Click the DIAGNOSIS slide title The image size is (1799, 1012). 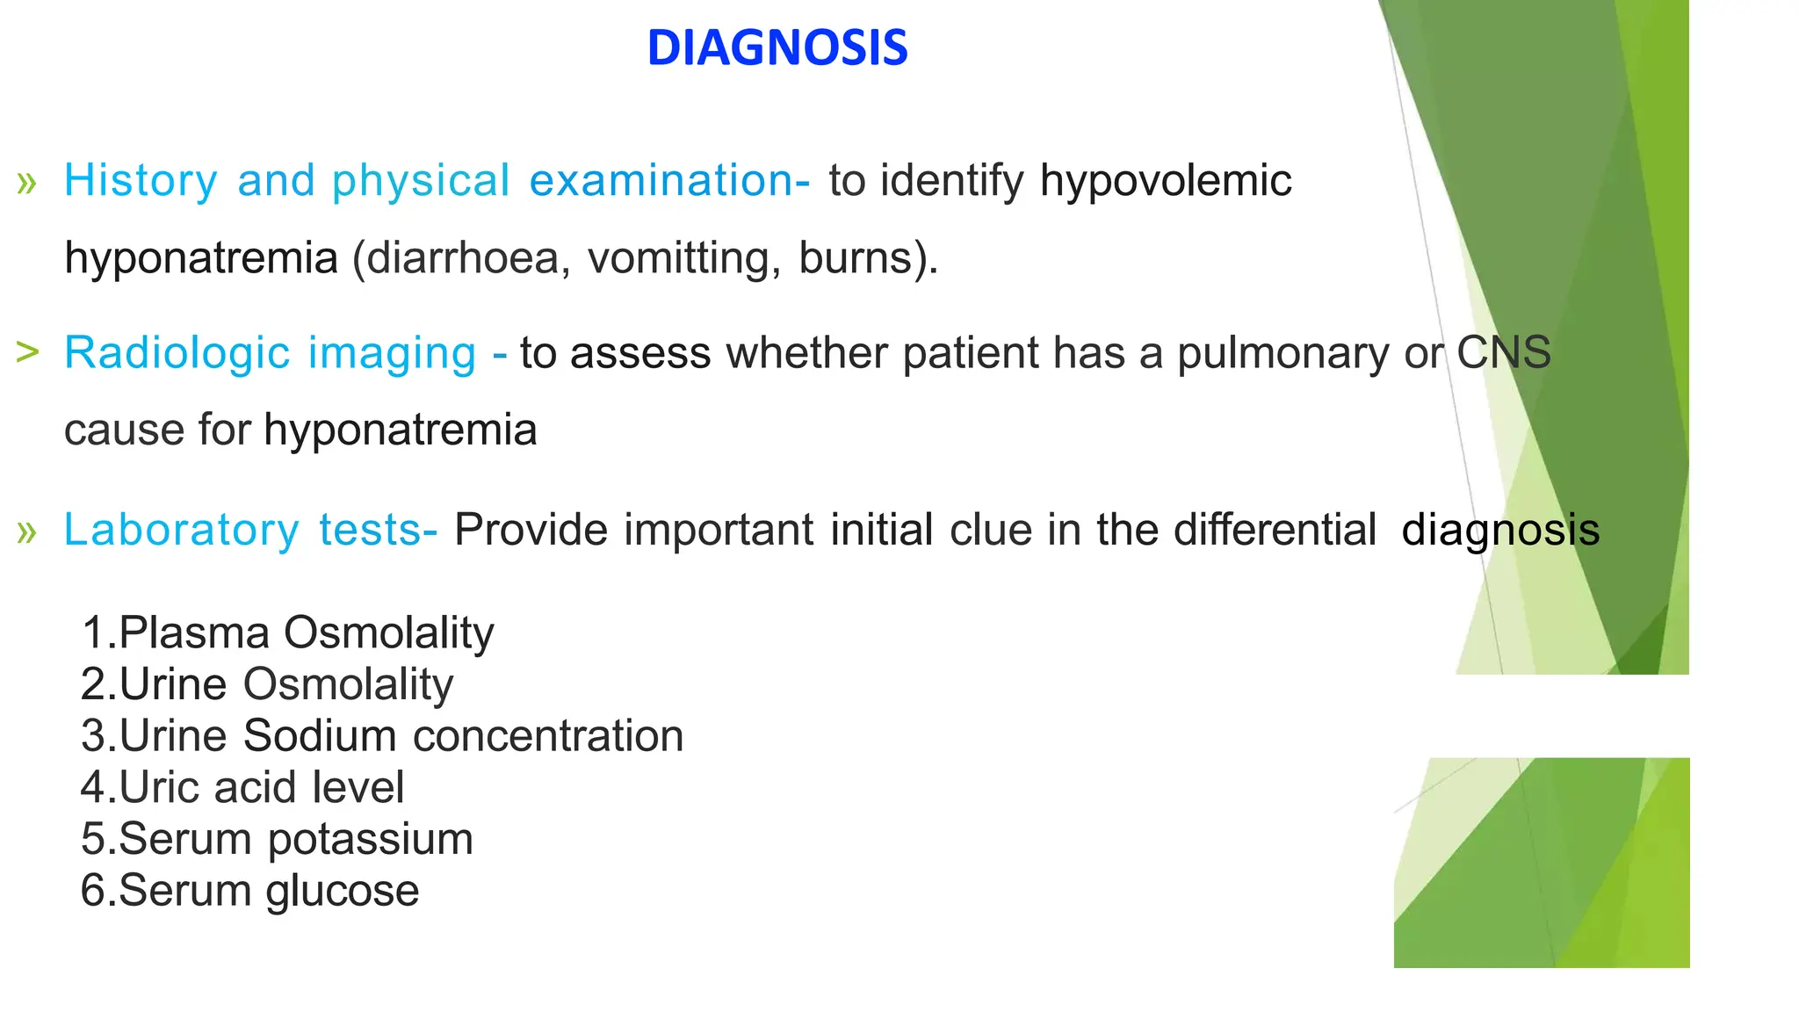[777, 47]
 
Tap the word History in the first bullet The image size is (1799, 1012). [141, 181]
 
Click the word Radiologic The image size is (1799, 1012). [177, 353]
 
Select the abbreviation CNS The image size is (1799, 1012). [1503, 353]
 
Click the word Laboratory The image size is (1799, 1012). [182, 531]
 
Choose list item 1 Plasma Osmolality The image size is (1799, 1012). [287, 633]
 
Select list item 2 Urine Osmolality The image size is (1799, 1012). [267, 685]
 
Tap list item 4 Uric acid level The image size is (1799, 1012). [242, 788]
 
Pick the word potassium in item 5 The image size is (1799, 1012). [370, 840]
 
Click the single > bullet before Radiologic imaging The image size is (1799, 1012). [27, 352]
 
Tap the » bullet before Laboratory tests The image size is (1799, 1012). [26, 531]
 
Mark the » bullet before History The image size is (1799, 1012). [26, 183]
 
